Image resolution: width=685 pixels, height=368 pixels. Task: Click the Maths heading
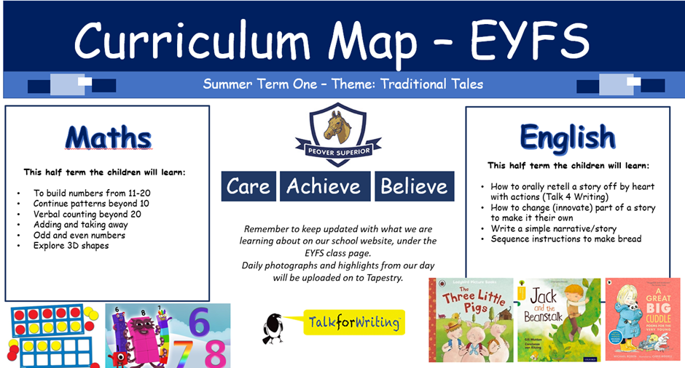click(108, 137)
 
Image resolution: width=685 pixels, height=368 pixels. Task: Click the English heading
click(568, 137)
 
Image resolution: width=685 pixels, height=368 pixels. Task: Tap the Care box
click(248, 186)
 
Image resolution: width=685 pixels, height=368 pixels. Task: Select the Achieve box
click(324, 186)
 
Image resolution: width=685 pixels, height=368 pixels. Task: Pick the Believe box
click(414, 186)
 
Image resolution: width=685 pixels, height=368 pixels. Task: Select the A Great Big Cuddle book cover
click(642, 319)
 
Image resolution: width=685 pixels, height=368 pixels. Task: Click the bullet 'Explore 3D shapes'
click(71, 246)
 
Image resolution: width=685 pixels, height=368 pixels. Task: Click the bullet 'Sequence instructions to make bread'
click(565, 239)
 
